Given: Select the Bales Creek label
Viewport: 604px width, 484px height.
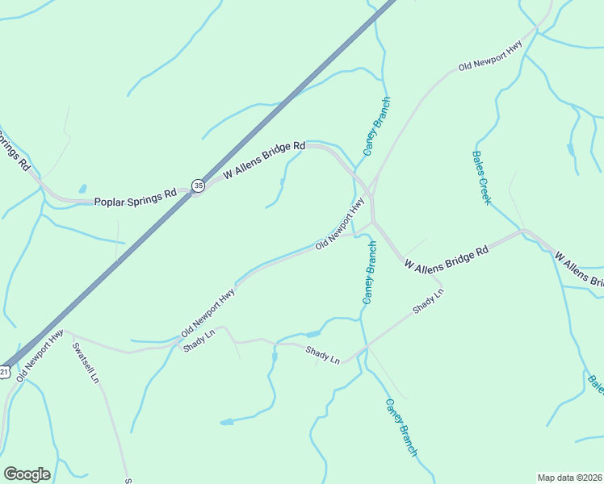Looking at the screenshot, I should [481, 177].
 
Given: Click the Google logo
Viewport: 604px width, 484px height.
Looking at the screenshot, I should [27, 474].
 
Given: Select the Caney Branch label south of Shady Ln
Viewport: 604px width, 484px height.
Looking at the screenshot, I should [401, 428].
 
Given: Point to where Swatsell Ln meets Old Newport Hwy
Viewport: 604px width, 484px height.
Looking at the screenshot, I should [68, 331].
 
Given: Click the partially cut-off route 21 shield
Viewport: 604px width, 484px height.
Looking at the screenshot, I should [5, 372].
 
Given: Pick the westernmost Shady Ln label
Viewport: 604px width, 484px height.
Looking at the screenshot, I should [199, 340].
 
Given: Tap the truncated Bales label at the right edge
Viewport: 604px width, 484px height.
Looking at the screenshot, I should [596, 384].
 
